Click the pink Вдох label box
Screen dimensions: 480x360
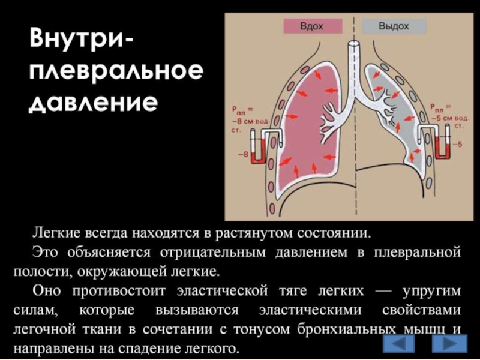[312, 26]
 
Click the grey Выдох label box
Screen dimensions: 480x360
[394, 26]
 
